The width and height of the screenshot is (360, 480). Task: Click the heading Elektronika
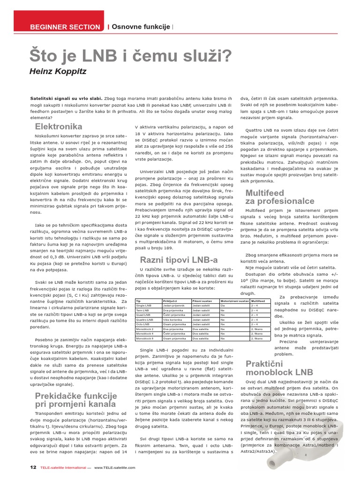(59, 127)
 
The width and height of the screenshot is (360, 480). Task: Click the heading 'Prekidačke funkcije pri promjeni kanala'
(76, 399)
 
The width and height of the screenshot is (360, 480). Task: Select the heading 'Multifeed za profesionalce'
(280, 197)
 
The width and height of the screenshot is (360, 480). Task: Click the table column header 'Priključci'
(169, 301)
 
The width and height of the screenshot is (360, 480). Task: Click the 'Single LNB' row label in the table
(143, 306)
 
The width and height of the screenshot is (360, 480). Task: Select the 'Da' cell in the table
(223, 306)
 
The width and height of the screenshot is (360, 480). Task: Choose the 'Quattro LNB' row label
(144, 319)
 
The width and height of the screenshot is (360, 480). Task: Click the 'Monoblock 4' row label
(145, 333)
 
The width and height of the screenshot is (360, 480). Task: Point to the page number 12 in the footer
(33, 467)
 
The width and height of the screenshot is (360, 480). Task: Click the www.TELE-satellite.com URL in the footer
(114, 468)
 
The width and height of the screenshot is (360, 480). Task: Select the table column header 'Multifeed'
(258, 301)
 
